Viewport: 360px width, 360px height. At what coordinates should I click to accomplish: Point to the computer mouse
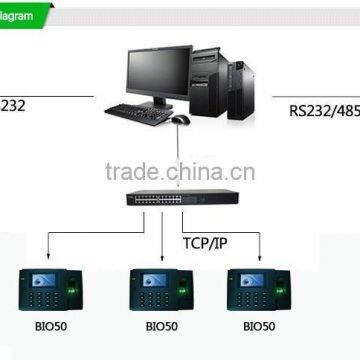[x=180, y=119]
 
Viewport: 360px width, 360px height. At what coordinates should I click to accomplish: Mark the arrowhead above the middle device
[x=160, y=256]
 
